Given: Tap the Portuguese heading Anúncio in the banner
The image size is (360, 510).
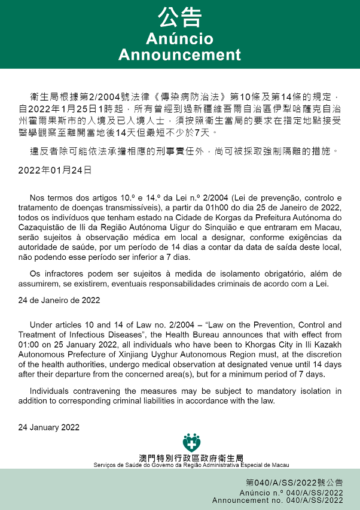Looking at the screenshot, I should (x=179, y=39).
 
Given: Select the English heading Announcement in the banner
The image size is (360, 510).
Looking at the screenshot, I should (x=179, y=55).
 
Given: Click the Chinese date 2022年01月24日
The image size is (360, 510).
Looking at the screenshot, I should (x=54, y=170).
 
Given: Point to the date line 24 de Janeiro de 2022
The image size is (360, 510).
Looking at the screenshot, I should (x=59, y=299).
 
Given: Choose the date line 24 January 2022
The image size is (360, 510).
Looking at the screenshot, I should (x=48, y=427).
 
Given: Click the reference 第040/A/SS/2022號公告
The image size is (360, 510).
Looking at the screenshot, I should (x=295, y=482).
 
